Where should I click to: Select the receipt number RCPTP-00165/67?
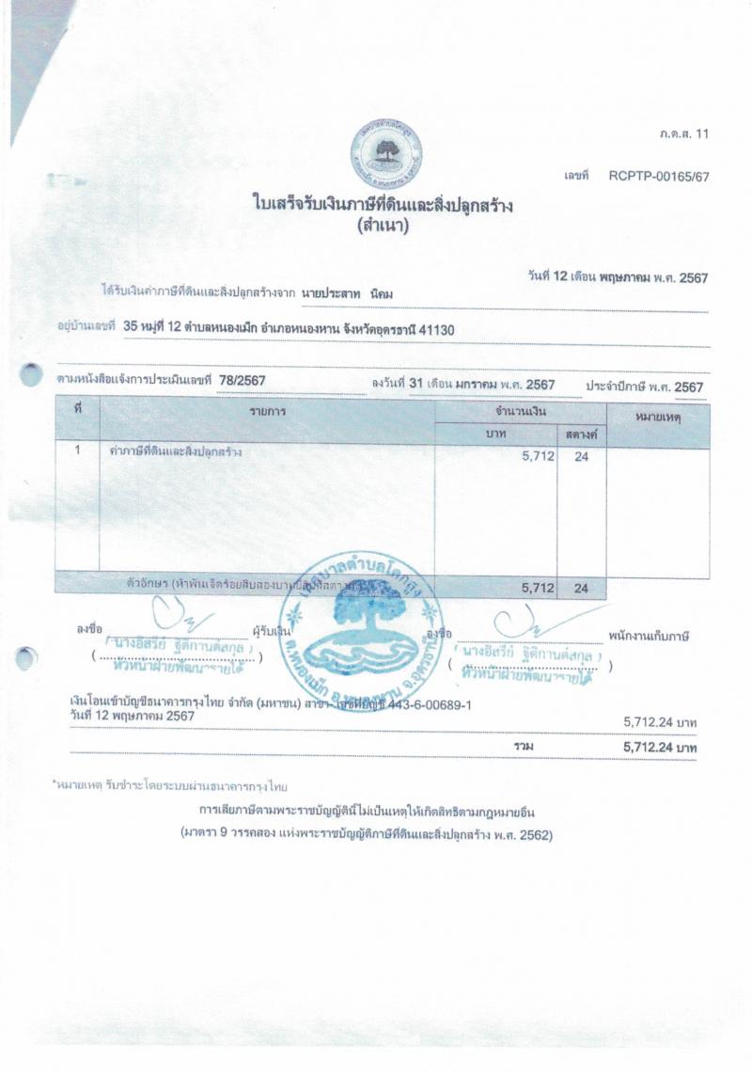pos(658,176)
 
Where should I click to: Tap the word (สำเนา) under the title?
pos(383,226)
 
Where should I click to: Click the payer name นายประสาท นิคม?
pos(348,293)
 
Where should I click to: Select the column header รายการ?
pos(268,413)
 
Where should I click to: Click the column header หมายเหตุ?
pos(657,415)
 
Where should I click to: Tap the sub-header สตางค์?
pos(583,434)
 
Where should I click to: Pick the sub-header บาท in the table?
pos(495,434)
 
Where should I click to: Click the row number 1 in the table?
pos(78,451)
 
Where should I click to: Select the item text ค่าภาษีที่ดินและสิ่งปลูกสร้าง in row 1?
pos(176,451)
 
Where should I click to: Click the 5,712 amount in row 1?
pos(539,457)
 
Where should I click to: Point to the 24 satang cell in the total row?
pos(581,588)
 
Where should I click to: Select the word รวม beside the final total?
pos(524,746)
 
